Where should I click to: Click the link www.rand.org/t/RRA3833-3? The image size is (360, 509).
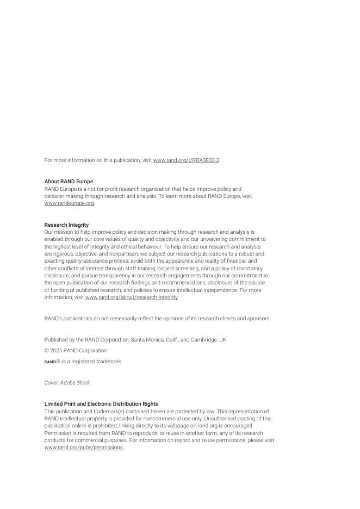pos(186,160)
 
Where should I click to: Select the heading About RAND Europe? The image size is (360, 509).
pos(69,182)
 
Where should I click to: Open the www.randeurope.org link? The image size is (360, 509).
pos(69,203)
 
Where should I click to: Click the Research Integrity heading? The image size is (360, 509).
pos(66,225)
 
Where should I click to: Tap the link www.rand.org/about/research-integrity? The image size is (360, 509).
pos(131,297)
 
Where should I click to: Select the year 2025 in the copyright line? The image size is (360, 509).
pos(55,351)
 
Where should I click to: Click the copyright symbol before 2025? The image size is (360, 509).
pos(46,351)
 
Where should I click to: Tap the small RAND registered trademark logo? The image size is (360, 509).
pos(50,362)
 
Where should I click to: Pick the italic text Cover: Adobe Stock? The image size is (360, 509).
pos(67,383)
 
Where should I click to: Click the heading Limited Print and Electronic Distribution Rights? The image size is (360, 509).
pos(101,404)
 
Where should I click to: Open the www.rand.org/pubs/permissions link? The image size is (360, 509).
pos(84,448)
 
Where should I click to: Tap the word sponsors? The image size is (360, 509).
pos(259,319)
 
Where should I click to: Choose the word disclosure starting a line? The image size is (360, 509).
pos(57,276)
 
